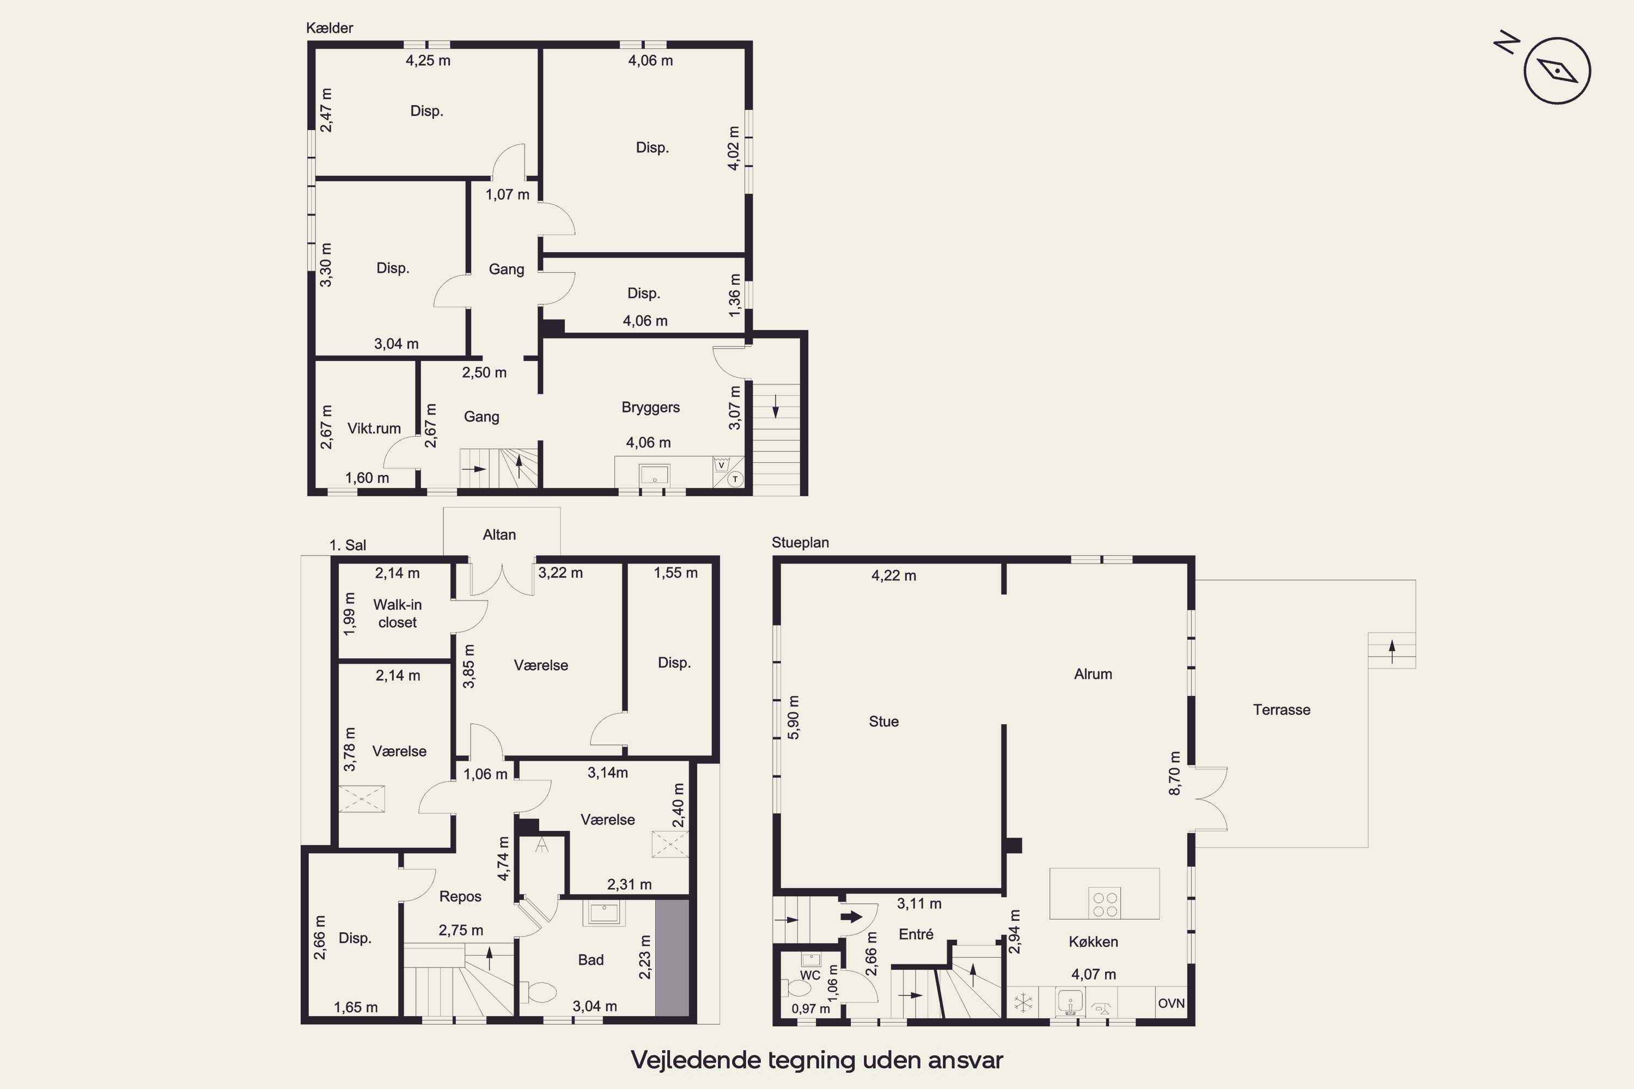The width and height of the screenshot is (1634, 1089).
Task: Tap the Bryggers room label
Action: [x=650, y=408]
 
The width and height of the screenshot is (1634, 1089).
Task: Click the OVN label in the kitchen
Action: [x=1172, y=1003]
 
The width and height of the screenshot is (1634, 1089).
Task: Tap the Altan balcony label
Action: [x=499, y=535]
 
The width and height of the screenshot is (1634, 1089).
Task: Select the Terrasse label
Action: [x=1282, y=710]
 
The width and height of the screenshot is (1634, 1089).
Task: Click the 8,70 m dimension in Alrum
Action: [x=1174, y=773]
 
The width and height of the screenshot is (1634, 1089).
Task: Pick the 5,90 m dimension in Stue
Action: [x=794, y=718]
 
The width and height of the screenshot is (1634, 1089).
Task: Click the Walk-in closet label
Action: [x=398, y=613]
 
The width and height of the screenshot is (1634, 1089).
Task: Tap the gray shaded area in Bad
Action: [x=672, y=958]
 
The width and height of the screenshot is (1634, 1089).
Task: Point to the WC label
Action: [x=810, y=975]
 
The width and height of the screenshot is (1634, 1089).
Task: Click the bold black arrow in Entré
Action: [x=851, y=917]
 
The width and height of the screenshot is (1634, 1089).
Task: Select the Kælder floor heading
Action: [x=330, y=28]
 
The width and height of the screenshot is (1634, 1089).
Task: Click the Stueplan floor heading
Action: [x=800, y=542]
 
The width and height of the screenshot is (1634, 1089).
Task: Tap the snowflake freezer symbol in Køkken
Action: [x=1023, y=1003]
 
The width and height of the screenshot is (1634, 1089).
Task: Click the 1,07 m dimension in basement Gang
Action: [x=507, y=194]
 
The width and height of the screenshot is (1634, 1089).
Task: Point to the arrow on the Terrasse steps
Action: [x=1392, y=651]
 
